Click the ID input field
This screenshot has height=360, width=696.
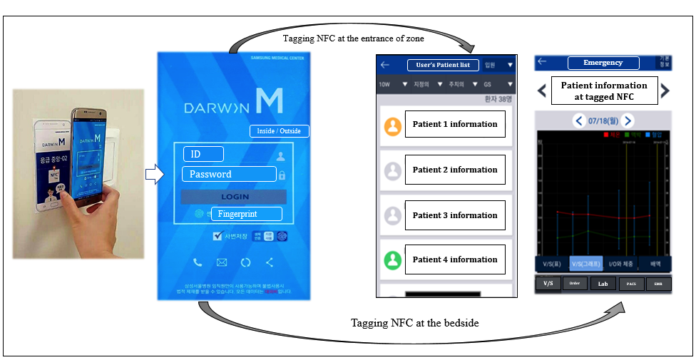pos(203,154)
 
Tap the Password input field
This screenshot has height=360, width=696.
pos(229,174)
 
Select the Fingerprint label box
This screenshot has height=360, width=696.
pos(247,214)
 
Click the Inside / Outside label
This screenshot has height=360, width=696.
pos(280,131)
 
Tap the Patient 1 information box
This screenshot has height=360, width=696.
pos(455,124)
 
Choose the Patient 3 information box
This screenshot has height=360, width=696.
pos(455,215)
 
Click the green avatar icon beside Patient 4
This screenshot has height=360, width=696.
pos(393,259)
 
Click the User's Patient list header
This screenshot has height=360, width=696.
pos(443,65)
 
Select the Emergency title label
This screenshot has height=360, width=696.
pos(603,63)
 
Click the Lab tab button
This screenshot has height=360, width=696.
pos(603,283)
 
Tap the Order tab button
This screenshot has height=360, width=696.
pos(575,283)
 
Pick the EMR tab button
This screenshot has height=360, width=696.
pos(657,283)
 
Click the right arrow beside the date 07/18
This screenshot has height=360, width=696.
pos(628,121)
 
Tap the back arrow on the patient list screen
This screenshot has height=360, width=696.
pos(385,65)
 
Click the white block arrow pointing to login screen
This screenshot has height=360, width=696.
pos(154,175)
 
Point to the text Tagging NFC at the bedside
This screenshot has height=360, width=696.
pos(414,323)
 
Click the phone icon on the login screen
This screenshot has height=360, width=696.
pos(198,262)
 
